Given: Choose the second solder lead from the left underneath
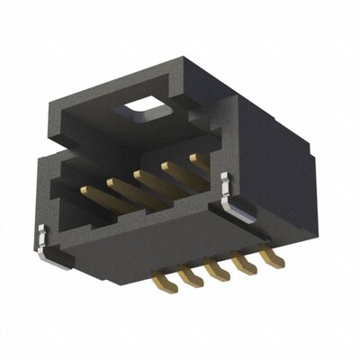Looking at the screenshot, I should pos(189,275).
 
